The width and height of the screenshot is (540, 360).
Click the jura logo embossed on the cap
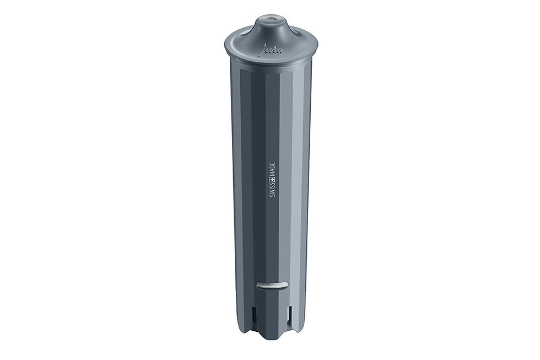tap(272, 50)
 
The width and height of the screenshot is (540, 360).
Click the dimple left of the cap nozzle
tap(246, 34)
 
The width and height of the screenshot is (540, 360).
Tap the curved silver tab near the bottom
tap(272, 285)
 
